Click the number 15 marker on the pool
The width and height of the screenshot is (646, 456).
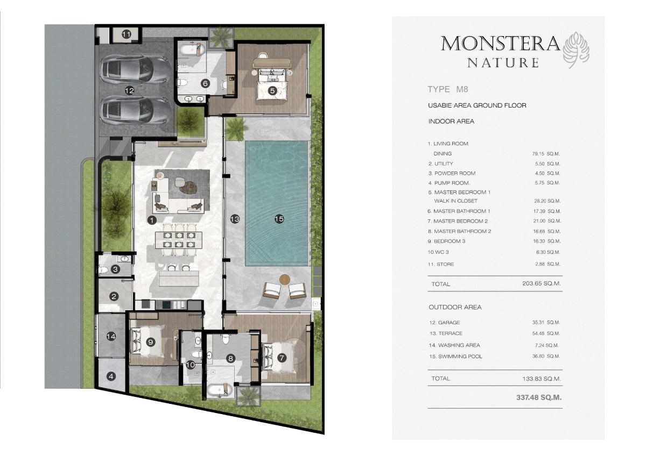tap(279, 219)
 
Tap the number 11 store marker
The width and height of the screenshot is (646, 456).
tap(126, 34)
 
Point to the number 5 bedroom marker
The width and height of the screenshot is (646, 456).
tap(272, 91)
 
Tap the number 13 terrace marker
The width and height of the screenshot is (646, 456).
tap(234, 219)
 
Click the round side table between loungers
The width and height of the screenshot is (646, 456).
tap(285, 279)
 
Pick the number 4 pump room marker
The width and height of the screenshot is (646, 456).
tap(111, 376)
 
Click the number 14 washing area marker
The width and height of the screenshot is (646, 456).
tap(111, 337)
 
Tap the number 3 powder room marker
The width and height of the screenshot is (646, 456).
tap(115, 269)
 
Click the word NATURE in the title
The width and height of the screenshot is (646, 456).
tap(503, 63)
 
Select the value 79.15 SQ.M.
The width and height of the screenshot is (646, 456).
tap(546, 154)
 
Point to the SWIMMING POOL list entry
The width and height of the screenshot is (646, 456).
tap(460, 357)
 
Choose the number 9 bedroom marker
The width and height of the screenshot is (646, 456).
tap(151, 341)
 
